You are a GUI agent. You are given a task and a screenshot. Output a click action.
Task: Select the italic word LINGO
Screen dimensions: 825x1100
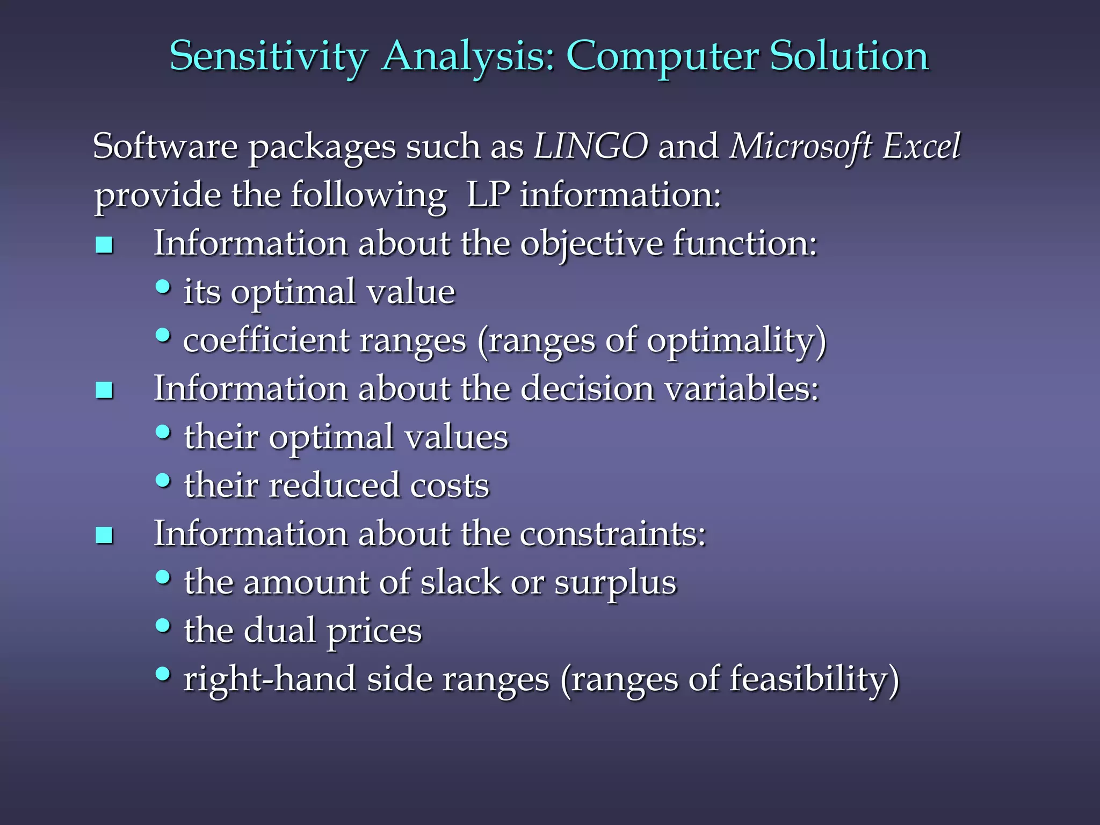pos(591,146)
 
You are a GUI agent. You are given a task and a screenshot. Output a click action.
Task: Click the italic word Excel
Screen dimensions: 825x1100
pos(922,146)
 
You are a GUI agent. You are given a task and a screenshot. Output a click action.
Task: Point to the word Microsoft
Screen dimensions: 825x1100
pos(800,147)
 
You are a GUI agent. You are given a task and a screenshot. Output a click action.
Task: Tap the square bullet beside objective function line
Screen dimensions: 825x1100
pos(104,245)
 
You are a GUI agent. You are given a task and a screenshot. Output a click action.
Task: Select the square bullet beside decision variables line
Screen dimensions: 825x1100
pos(104,390)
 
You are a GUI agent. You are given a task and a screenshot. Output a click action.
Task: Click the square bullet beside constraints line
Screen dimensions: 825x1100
pos(104,535)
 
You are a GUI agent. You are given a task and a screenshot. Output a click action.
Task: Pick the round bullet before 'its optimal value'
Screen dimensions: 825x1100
pos(163,287)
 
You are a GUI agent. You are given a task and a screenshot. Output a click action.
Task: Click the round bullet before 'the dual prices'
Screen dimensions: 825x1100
pos(163,625)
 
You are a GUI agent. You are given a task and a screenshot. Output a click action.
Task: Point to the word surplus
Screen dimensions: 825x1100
pos(616,583)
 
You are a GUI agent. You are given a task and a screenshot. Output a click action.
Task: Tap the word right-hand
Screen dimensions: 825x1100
pos(270,679)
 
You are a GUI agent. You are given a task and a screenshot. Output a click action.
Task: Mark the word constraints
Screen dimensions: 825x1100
pos(612,534)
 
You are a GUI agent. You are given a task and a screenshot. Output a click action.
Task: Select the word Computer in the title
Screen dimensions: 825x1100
pos(663,57)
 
